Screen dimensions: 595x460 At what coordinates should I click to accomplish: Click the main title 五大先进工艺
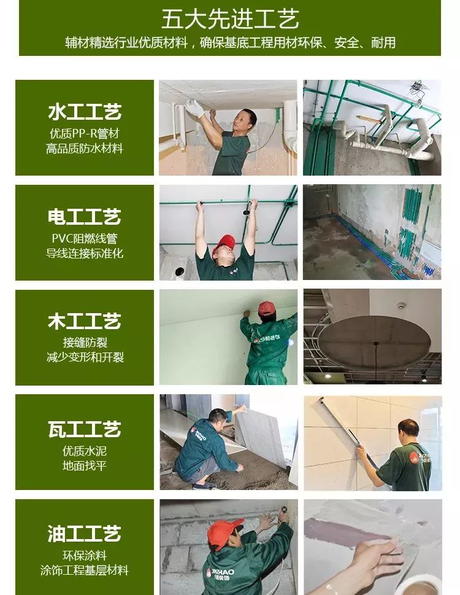click(230, 19)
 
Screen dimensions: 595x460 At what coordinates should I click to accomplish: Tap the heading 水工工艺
click(85, 112)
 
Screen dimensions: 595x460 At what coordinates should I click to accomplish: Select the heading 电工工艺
click(85, 217)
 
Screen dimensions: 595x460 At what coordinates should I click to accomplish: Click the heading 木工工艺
click(85, 321)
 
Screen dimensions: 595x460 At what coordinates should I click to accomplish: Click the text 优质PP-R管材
click(85, 133)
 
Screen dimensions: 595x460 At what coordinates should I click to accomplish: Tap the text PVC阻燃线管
click(85, 238)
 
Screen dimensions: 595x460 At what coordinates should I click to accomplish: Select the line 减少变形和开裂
click(85, 357)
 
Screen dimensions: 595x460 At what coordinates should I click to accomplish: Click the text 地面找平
click(85, 465)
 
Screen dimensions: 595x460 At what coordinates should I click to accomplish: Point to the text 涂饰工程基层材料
click(85, 570)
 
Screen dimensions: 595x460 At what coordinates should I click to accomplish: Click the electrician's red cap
click(224, 244)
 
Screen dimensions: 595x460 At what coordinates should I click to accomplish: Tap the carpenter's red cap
click(267, 308)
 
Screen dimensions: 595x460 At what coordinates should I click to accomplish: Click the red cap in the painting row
click(224, 532)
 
